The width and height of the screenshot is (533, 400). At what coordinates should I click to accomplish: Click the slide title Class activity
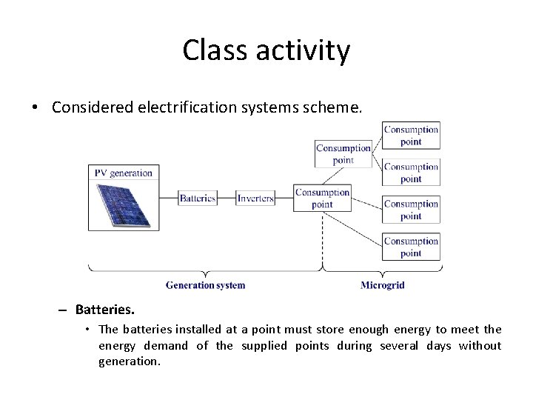point(266,50)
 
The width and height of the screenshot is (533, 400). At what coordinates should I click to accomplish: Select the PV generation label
point(123,173)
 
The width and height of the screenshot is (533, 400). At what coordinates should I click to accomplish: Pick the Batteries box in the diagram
point(198,198)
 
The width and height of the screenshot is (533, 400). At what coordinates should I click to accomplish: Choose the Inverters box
point(255,198)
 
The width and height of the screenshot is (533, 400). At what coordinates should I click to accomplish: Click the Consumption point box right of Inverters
point(322,198)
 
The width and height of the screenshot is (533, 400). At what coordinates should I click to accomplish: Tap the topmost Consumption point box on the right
point(411,136)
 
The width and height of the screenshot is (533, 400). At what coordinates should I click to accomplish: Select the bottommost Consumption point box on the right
point(411,247)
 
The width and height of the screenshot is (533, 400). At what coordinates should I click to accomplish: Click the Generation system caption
point(205,285)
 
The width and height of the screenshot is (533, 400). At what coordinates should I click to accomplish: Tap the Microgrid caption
point(382,285)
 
